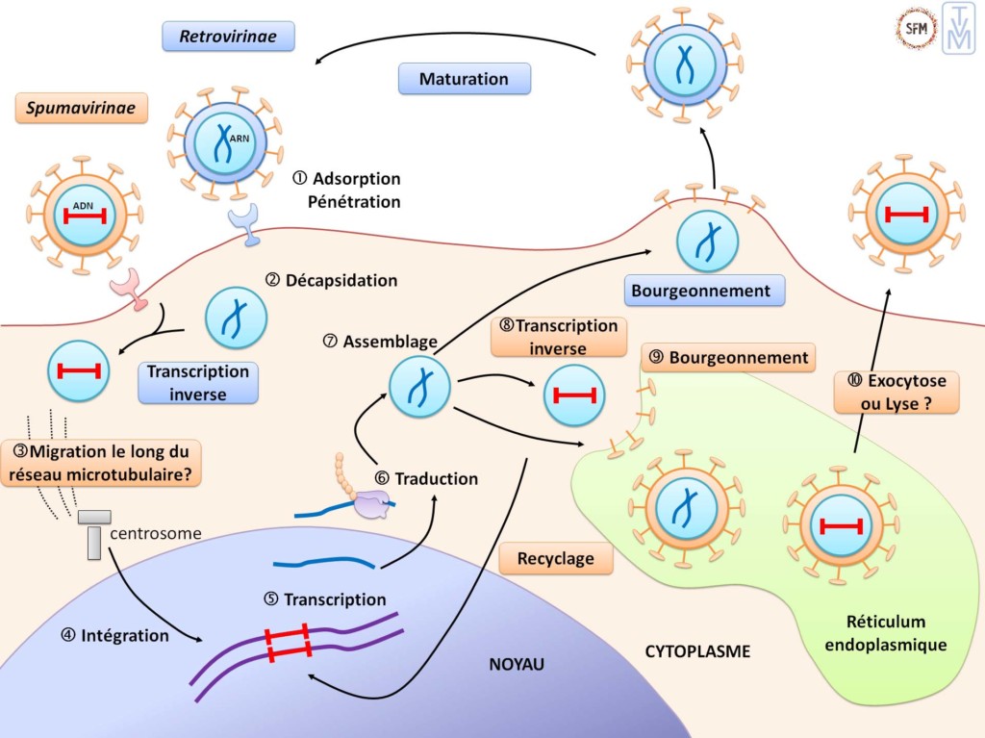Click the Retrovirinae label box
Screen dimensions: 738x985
tap(228, 38)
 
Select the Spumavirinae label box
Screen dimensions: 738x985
tap(81, 107)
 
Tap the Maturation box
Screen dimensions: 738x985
tap(464, 79)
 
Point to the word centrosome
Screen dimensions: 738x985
tap(155, 533)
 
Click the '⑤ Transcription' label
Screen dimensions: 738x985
tap(324, 599)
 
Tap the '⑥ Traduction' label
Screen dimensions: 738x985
tap(426, 478)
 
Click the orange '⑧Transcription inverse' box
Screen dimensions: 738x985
tap(554, 336)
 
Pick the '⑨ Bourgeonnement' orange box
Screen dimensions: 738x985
tap(728, 358)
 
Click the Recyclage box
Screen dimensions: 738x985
tap(555, 558)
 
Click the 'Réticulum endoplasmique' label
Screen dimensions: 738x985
tap(885, 633)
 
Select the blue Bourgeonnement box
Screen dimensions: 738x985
tap(701, 290)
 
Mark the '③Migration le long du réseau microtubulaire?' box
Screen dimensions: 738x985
tap(103, 462)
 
